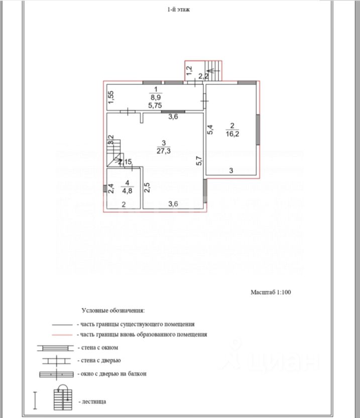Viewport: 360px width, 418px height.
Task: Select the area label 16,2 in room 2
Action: (x=231, y=134)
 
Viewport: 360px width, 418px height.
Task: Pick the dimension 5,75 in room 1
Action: (x=155, y=106)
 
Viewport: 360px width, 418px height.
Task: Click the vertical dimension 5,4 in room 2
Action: (x=211, y=130)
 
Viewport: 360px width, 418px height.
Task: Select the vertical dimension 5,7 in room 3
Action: (x=199, y=160)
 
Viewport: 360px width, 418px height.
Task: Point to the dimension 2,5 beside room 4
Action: (x=147, y=187)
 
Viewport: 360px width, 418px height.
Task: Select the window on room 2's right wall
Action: (x=258, y=129)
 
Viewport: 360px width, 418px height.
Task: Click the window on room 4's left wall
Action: (x=105, y=188)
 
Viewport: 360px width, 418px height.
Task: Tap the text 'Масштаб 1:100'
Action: (x=271, y=291)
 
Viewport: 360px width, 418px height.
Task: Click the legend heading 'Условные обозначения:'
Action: (x=113, y=311)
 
